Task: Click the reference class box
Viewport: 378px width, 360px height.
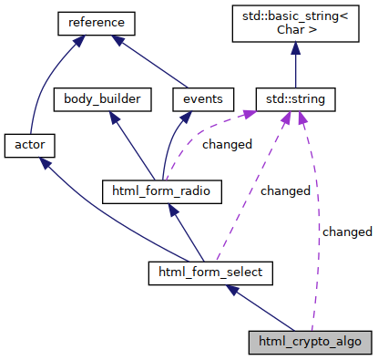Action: [x=96, y=21]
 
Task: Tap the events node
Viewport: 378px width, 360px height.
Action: [x=203, y=98]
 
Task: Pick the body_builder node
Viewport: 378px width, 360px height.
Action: [x=102, y=98]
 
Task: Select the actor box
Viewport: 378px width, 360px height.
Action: [x=31, y=144]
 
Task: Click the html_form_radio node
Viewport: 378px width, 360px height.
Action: [x=161, y=190]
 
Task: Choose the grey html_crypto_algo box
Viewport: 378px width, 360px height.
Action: [x=310, y=343]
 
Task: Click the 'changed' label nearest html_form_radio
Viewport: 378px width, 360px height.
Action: [x=228, y=144]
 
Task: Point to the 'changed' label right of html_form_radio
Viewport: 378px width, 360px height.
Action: [x=285, y=191]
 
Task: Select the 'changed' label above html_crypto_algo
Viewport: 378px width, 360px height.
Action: [x=347, y=231]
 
